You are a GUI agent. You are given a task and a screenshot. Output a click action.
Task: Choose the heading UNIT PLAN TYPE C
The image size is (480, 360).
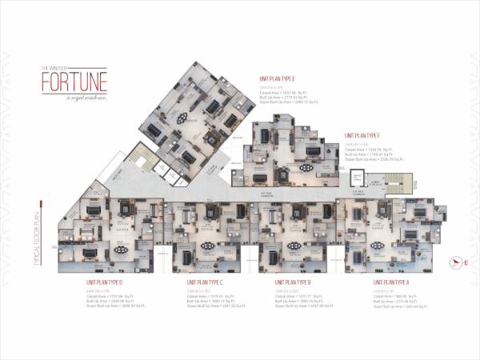coord(209,282)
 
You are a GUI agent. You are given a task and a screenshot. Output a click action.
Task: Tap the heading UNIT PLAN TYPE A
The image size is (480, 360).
coord(390,282)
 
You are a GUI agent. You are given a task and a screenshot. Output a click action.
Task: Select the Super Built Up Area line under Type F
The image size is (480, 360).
coord(369,158)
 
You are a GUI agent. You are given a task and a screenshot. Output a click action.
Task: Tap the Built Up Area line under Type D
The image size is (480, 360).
coord(108,301)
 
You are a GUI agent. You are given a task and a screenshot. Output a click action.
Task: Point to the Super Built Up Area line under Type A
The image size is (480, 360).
coord(391,306)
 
